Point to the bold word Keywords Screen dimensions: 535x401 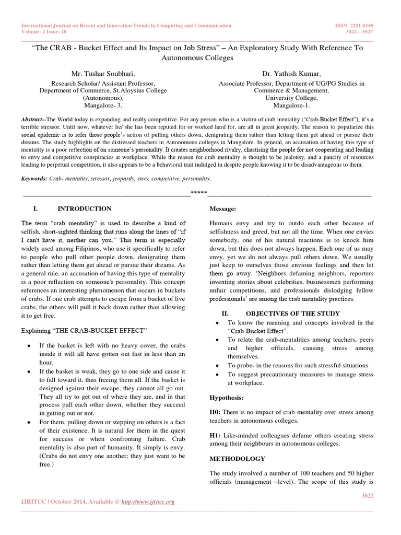[x=34, y=178]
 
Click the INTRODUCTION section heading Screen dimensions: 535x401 [x=84, y=209]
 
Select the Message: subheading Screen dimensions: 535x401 [x=222, y=209]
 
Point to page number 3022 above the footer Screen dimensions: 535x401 [x=368, y=495]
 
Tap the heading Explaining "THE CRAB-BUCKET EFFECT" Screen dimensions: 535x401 [x=84, y=331]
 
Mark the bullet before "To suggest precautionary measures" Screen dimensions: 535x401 [x=217, y=375]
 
